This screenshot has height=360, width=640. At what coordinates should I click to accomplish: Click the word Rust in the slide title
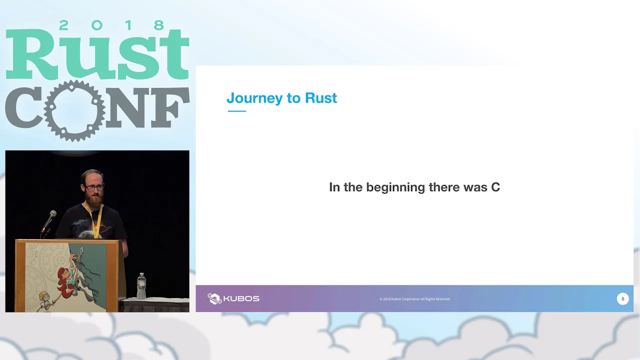coord(321,97)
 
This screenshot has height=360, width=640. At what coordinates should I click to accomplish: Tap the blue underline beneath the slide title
coord(237,111)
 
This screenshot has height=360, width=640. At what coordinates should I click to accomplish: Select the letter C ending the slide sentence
coord(495,187)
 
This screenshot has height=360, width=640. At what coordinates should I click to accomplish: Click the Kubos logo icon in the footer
coord(214,298)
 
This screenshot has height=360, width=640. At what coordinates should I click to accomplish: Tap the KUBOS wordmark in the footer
coord(241,299)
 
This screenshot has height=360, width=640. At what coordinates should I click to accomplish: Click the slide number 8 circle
coord(622,299)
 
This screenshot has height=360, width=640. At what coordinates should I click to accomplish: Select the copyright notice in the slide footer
coord(414,299)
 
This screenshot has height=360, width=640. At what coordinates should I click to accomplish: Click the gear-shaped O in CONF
coord(74,111)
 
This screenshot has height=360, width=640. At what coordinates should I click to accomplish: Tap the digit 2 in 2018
coord(63,25)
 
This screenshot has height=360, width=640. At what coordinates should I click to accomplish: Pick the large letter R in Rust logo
coord(30,54)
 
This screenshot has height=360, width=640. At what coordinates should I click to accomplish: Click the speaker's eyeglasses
coord(94,187)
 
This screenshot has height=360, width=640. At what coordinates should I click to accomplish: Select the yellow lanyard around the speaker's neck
coord(95,220)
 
